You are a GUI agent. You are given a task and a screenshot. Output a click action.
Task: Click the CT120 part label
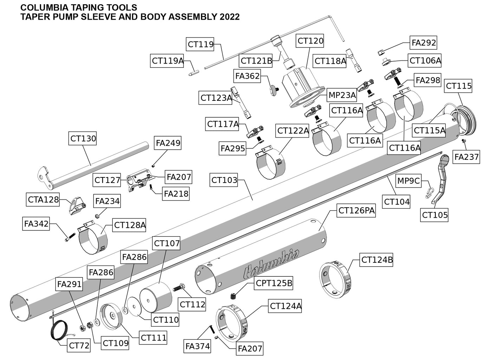click(310, 41)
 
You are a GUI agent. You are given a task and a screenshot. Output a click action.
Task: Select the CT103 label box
click(224, 181)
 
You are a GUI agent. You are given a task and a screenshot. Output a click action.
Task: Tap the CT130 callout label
click(83, 138)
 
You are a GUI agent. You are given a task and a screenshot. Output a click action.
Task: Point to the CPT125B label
click(274, 283)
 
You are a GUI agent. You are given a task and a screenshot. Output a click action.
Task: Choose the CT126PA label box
click(356, 211)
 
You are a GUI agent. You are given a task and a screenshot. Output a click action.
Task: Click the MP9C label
click(408, 181)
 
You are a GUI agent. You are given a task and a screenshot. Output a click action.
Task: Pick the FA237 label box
click(466, 157)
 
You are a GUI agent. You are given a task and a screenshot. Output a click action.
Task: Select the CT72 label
click(79, 346)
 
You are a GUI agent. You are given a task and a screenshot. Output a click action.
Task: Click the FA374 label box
click(198, 346)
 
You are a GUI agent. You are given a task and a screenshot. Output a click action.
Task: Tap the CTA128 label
click(43, 200)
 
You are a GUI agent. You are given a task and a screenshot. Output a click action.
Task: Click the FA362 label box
click(247, 76)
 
